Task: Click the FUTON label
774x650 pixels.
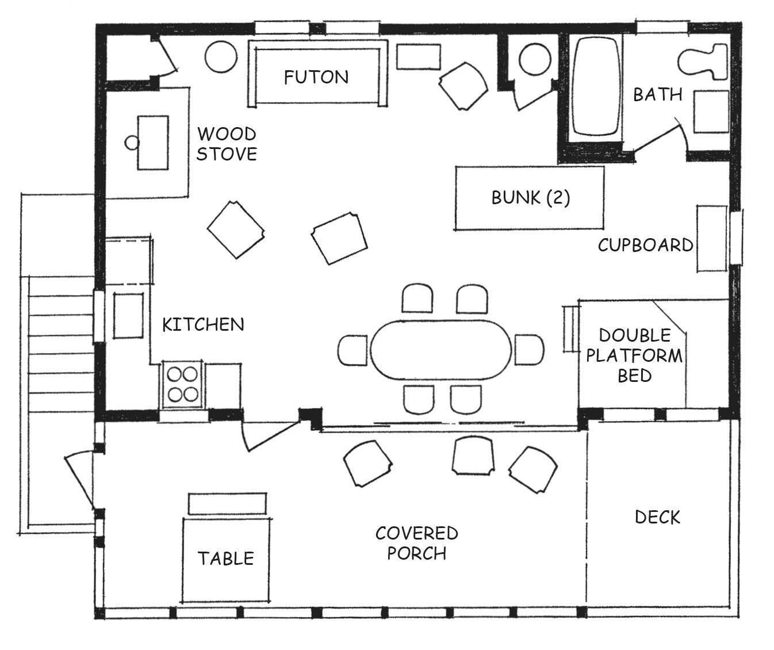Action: [x=316, y=77]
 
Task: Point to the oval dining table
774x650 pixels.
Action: [x=441, y=350]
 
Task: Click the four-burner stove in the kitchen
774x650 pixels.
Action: [x=182, y=384]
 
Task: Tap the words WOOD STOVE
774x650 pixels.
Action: [x=227, y=144]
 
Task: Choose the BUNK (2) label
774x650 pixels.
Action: [x=530, y=198]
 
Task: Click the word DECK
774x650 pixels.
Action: [x=658, y=517]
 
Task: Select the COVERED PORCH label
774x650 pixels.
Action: [x=417, y=543]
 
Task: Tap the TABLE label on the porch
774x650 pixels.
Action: [x=226, y=559]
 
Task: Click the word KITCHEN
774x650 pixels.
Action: [x=203, y=325]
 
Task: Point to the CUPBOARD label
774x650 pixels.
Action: [x=645, y=245]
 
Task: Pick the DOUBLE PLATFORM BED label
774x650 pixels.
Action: [x=634, y=355]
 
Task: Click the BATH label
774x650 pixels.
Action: [x=658, y=95]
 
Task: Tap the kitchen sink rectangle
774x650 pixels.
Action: [x=128, y=316]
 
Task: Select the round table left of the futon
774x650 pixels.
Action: [x=221, y=57]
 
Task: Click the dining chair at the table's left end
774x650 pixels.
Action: [x=352, y=350]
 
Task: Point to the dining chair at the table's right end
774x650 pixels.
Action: [x=530, y=350]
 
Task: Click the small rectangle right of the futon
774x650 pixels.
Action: [x=419, y=57]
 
